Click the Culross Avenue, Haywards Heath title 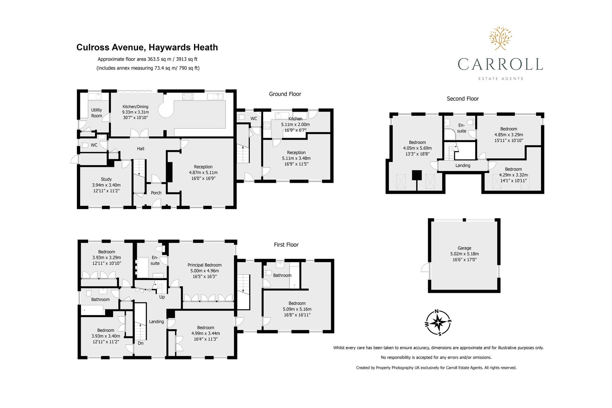click(147, 47)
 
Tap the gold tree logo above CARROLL click(500, 38)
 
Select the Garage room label click(465, 248)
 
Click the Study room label click(106, 179)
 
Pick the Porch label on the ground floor click(156, 193)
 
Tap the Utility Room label click(97, 113)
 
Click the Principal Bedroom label click(204, 265)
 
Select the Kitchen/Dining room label click(136, 107)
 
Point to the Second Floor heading click(463, 99)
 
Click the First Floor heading click(286, 245)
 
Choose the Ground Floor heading click(285, 94)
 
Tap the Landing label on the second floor click(463, 166)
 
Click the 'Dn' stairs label click(141, 343)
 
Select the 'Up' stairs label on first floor click(162, 297)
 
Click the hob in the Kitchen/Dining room click(188, 97)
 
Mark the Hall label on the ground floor click(140, 149)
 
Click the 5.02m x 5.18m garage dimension click(465, 254)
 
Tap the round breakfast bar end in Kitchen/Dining click(166, 109)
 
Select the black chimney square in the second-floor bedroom click(417, 175)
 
